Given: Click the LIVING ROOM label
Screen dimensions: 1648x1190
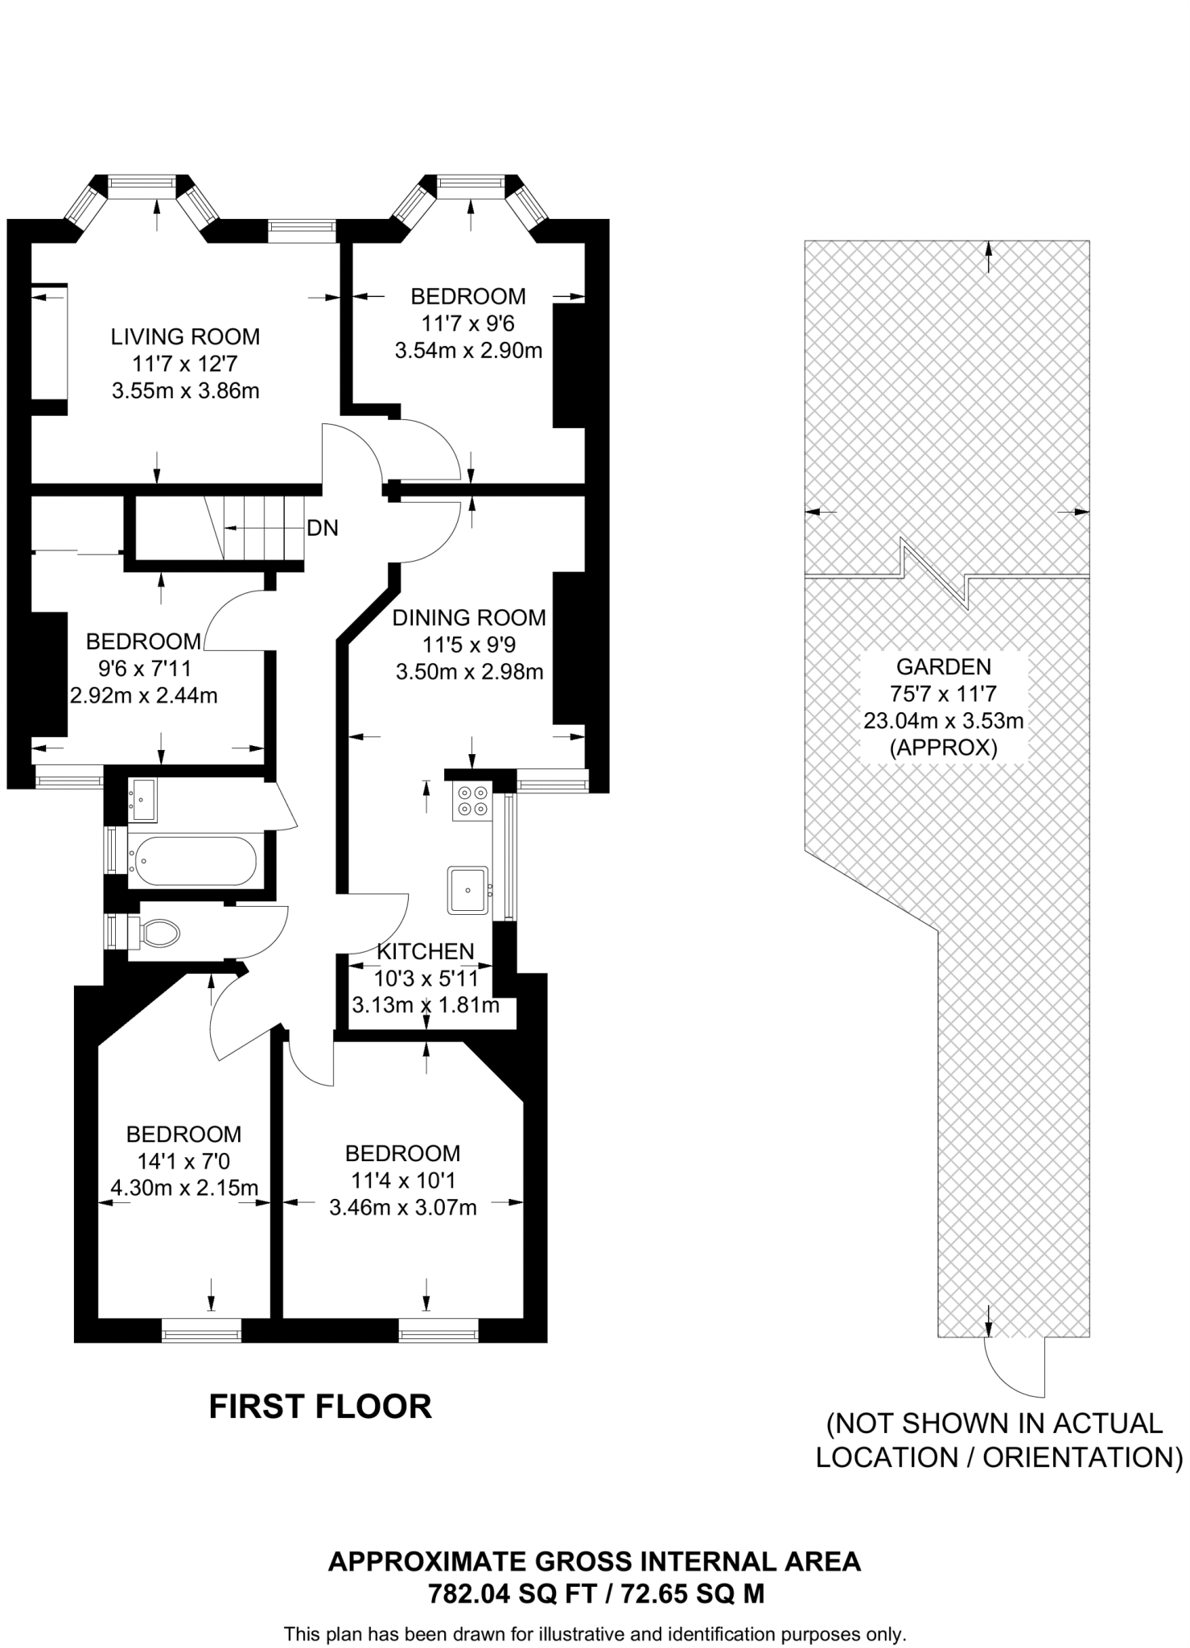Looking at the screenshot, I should [185, 336].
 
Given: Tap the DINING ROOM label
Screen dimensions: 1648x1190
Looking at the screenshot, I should [469, 618].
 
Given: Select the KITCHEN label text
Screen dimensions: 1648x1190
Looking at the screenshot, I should [426, 951].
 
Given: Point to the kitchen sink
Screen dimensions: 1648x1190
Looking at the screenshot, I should [468, 889].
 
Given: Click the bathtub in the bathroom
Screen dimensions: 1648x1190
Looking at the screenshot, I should [194, 861].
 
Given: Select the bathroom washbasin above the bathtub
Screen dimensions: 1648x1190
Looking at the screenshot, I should [143, 799].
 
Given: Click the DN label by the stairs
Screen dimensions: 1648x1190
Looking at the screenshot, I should [323, 528].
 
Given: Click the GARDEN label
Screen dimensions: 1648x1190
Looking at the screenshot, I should [943, 666].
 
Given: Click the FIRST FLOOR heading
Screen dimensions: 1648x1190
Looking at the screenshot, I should [320, 1407].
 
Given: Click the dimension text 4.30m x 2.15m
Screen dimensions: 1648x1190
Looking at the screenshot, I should [183, 1187].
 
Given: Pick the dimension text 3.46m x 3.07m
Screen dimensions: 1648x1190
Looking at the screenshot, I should [403, 1207].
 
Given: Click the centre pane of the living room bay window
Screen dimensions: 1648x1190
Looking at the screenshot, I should [142, 187].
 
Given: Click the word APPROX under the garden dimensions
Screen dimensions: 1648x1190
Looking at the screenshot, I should [943, 748].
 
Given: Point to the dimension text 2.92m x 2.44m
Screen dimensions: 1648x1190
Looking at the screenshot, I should [143, 695].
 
